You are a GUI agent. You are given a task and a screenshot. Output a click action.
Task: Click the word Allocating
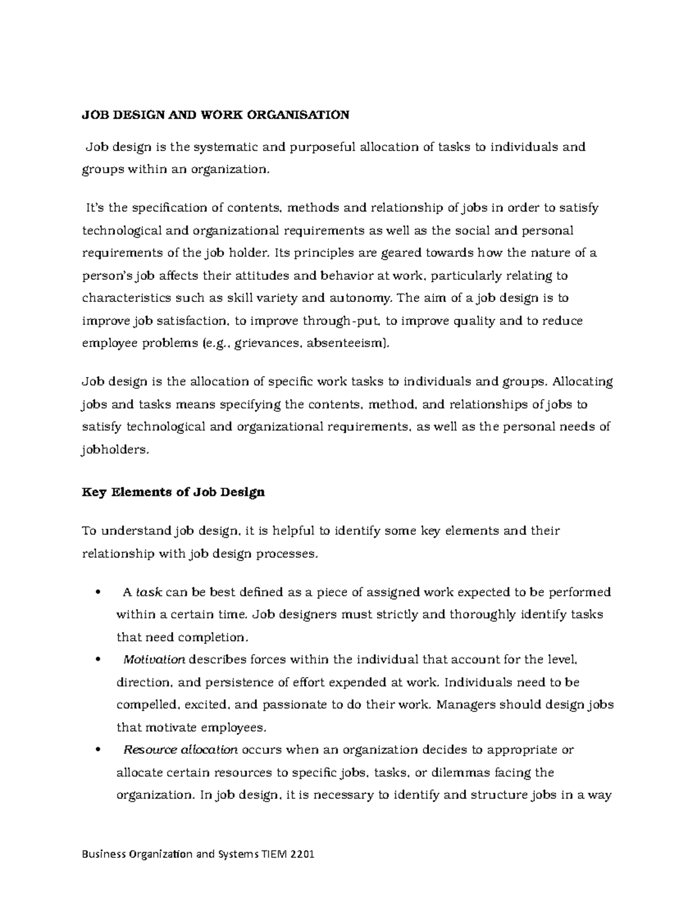click(583, 382)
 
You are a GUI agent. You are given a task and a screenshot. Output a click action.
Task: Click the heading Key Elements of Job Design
click(173, 492)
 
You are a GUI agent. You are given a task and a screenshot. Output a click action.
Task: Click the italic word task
click(148, 592)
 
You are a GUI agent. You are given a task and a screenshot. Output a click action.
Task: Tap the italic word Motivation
click(154, 660)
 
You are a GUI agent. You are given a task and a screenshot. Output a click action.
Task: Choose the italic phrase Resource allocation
click(181, 750)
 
